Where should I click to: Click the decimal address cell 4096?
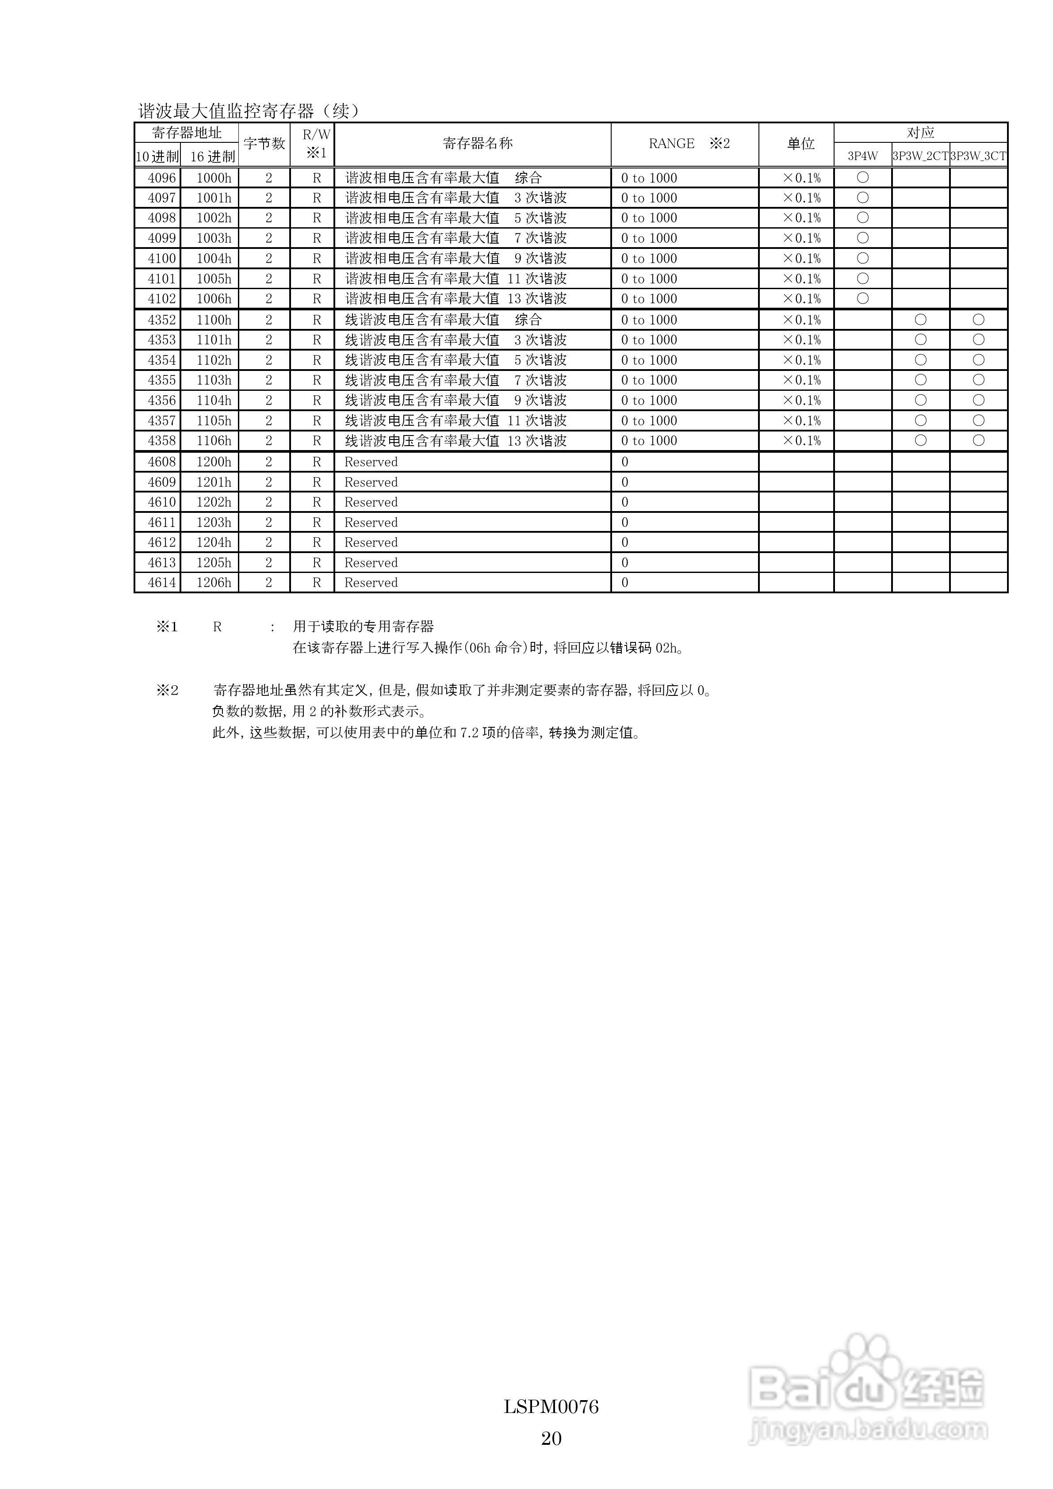[161, 178]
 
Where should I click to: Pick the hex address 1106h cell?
[214, 441]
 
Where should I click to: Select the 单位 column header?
[800, 143]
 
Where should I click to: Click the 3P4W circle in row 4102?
[862, 299]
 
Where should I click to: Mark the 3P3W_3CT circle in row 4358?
[978, 441]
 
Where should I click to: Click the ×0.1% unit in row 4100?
[801, 259]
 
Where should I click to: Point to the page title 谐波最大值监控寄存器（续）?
[249, 111]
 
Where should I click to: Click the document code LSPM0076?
[551, 1407]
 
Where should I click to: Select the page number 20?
[551, 1439]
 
